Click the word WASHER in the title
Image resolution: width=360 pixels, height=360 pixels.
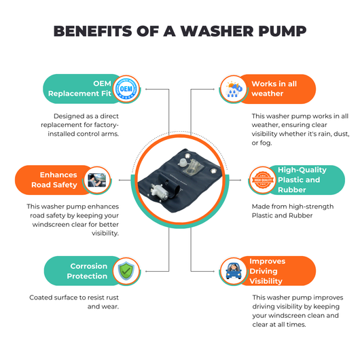click(217, 31)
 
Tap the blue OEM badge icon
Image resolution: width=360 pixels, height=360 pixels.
click(126, 89)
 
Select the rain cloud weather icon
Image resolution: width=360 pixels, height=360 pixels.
click(234, 89)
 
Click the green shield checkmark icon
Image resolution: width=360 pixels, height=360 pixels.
click(126, 271)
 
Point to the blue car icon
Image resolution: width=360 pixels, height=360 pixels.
click(234, 271)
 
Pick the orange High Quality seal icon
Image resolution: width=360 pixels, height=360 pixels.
click(263, 180)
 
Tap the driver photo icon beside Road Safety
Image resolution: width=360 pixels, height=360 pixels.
click(97, 180)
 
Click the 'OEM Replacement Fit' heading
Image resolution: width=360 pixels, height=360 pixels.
click(79, 88)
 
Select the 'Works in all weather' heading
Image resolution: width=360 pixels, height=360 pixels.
click(274, 88)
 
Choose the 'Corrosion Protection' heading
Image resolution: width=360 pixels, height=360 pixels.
click(87, 271)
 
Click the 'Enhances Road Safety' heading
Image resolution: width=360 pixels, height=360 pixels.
click(54, 180)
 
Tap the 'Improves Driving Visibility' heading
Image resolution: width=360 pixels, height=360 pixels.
click(267, 271)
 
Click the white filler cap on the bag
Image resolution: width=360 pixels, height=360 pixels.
click(182, 163)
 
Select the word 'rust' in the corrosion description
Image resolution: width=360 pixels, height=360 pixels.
click(111, 298)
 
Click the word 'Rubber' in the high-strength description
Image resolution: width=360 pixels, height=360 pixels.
click(300, 215)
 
